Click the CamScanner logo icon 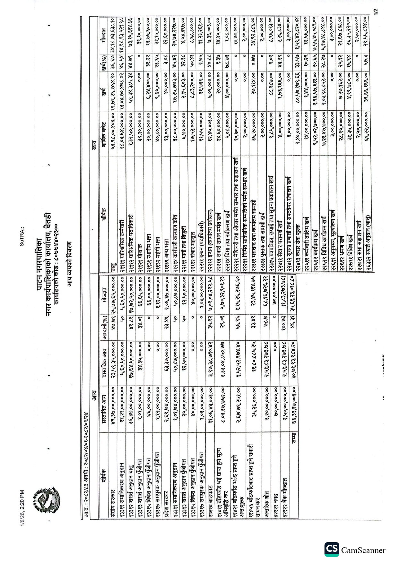pos(332,550)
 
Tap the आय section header pos(94,393)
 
